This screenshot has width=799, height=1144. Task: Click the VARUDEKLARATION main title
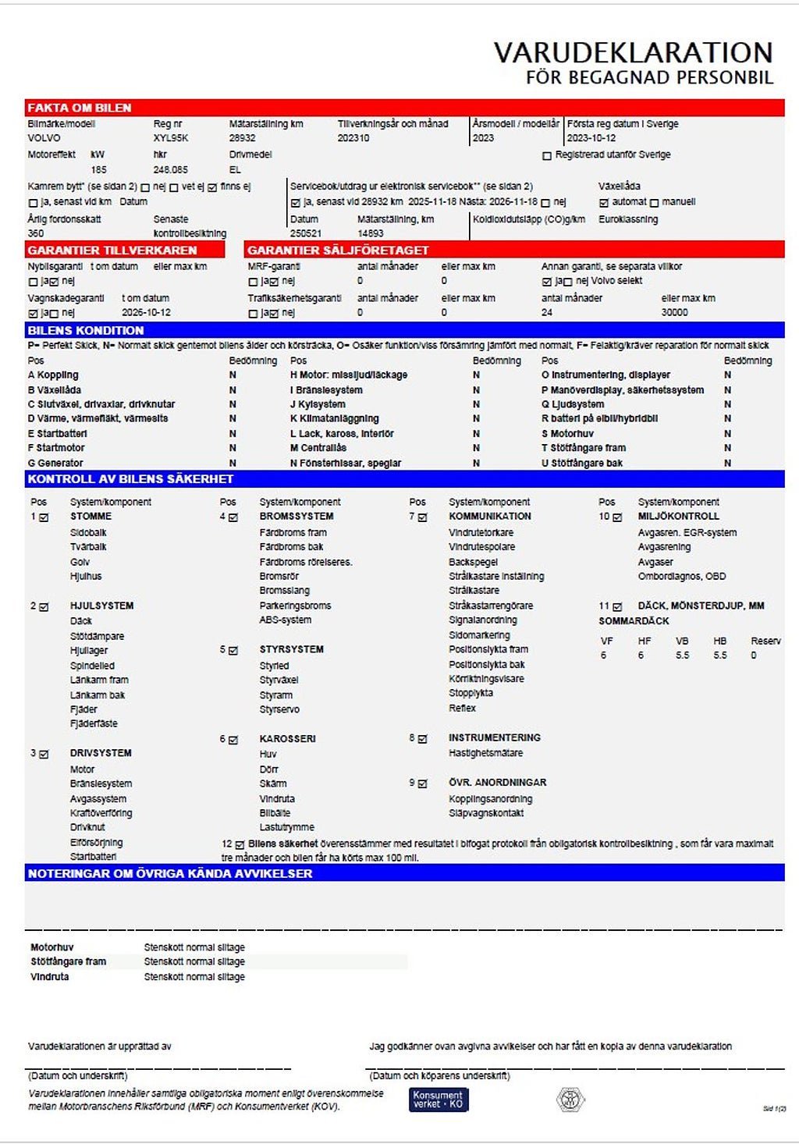[633, 52]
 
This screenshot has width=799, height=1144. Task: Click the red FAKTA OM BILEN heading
[79, 108]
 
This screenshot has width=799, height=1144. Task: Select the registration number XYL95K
[171, 138]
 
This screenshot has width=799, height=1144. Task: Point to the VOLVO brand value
[44, 138]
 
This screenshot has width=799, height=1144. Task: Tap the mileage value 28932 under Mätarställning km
[243, 138]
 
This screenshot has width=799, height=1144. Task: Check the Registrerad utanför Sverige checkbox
[547, 156]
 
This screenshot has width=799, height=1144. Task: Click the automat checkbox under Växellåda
[603, 203]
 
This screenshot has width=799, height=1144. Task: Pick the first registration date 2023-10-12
[591, 138]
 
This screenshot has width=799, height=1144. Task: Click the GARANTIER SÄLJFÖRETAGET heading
[338, 250]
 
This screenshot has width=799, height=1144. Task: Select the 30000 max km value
[675, 312]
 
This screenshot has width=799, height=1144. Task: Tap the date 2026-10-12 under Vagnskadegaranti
[146, 312]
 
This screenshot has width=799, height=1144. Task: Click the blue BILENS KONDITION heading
[86, 330]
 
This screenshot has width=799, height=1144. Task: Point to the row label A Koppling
[53, 375]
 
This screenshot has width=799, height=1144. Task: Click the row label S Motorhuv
[567, 434]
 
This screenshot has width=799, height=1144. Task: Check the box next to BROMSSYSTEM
[233, 517]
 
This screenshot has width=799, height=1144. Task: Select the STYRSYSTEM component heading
[291, 649]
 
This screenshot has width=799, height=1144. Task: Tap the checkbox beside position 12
[240, 844]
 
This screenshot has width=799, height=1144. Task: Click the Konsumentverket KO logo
[439, 1100]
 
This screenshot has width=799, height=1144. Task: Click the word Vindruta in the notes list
[49, 977]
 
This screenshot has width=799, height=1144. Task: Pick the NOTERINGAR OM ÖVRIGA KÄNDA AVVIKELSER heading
[170, 873]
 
